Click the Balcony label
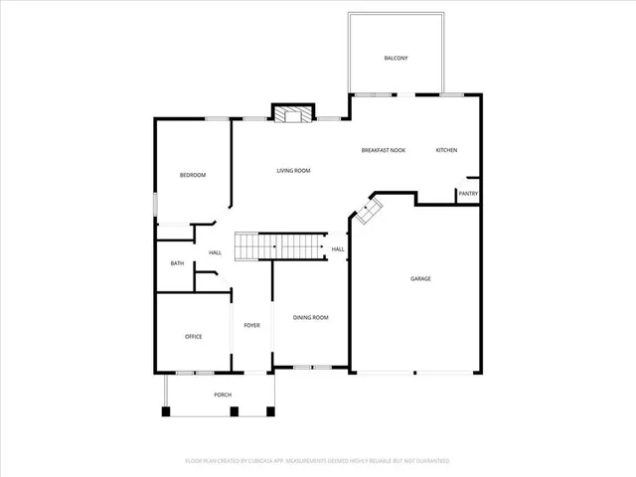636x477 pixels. (x=397, y=59)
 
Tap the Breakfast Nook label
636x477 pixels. (x=384, y=150)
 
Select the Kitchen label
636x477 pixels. (x=446, y=150)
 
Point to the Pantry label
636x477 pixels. (x=468, y=195)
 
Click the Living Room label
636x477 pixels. (x=293, y=171)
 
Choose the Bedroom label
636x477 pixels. (x=192, y=176)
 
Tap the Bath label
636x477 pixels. (x=177, y=263)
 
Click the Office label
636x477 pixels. (x=193, y=337)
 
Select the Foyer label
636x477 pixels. (x=252, y=325)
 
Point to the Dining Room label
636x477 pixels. (x=310, y=318)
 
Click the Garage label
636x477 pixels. (x=420, y=279)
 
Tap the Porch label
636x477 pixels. (x=223, y=396)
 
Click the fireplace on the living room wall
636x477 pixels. (x=293, y=114)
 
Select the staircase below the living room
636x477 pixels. (x=279, y=245)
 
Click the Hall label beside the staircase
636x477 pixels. (x=338, y=249)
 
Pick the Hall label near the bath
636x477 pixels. (x=215, y=253)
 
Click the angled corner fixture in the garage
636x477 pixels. (x=370, y=210)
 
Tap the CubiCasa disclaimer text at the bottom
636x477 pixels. (x=318, y=461)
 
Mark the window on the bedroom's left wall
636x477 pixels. (x=155, y=203)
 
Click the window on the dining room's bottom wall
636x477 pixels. (x=310, y=368)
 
